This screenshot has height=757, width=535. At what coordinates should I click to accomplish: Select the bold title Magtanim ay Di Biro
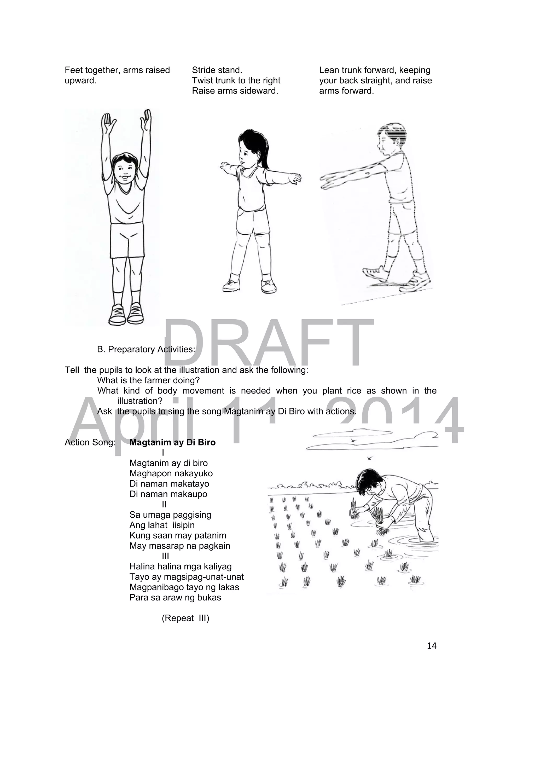(x=172, y=442)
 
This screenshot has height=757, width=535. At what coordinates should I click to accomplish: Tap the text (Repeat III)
(x=185, y=618)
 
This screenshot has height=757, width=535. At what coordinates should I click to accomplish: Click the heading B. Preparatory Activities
(x=146, y=349)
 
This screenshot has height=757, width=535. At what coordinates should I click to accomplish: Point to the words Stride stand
(x=217, y=70)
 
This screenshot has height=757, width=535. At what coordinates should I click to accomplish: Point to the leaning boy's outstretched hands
(x=331, y=181)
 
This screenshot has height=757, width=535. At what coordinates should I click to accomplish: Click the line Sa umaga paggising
(x=170, y=515)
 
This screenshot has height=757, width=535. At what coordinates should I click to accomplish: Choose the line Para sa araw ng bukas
(x=175, y=598)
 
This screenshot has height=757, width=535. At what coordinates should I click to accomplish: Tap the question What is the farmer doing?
(x=148, y=380)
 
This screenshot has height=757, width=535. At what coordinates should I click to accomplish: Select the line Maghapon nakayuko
(x=171, y=473)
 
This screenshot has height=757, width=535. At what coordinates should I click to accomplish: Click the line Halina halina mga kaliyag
(x=180, y=567)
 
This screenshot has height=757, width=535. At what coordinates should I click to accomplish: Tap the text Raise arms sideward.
(x=235, y=91)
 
